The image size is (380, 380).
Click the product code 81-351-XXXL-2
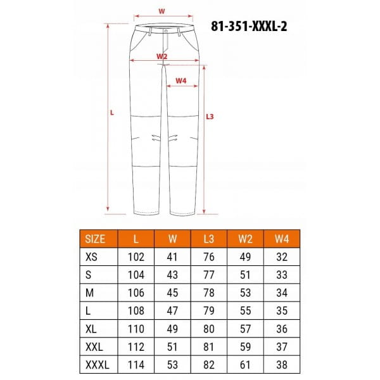click(x=249, y=26)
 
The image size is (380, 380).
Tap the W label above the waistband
click(x=161, y=11)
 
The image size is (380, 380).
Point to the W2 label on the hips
click(x=162, y=56)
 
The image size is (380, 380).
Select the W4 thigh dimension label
click(x=180, y=80)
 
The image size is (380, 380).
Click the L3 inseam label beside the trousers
click(x=210, y=117)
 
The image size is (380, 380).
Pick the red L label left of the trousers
click(x=111, y=113)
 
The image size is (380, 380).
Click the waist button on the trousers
click(x=166, y=31)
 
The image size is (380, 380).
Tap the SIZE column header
click(x=95, y=239)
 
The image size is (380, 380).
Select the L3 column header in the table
click(x=208, y=239)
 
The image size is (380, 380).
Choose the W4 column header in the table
click(x=282, y=239)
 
